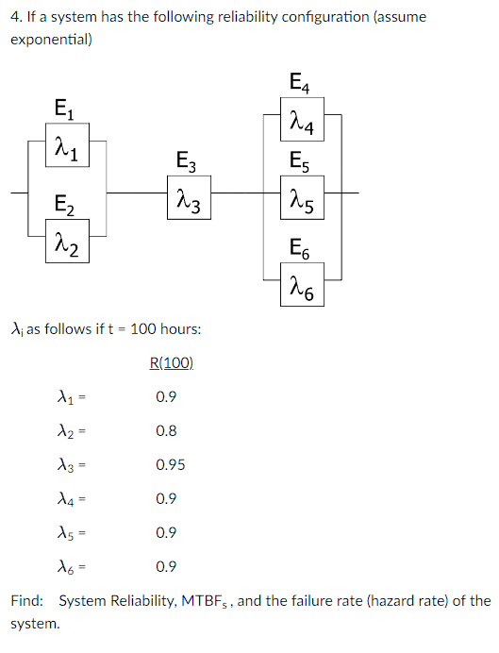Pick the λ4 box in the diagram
pyautogui.click(x=305, y=126)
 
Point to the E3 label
pyautogui.click(x=187, y=160)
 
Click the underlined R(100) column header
pyautogui.click(x=172, y=362)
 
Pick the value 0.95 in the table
pyautogui.click(x=170, y=464)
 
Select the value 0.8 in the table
pyautogui.click(x=166, y=430)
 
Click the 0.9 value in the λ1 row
pyautogui.click(x=166, y=396)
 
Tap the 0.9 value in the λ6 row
pyautogui.click(x=166, y=566)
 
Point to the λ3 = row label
pyautogui.click(x=70, y=464)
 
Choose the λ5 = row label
pyautogui.click(x=70, y=532)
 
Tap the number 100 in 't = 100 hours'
pyautogui.click(x=143, y=328)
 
